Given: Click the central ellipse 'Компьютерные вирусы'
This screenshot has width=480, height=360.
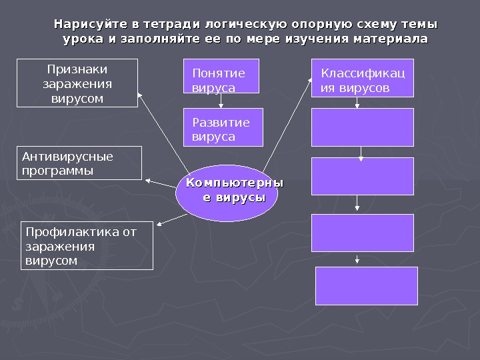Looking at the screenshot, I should point(227,193).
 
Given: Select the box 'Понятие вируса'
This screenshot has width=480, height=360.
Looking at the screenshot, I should point(221,76).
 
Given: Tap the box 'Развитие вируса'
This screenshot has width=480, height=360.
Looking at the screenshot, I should point(223,127).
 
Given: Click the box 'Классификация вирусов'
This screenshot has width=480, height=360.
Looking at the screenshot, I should point(362,78).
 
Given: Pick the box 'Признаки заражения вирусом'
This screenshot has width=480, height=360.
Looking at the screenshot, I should point(77,83).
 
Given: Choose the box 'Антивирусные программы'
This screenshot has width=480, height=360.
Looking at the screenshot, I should point(79,163).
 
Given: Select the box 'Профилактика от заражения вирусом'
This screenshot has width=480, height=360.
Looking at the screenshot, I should point(87,245).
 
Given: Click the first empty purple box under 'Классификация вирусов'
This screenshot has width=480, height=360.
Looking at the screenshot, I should point(362,127).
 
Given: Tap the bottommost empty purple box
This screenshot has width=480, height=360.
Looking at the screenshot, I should point(366,285).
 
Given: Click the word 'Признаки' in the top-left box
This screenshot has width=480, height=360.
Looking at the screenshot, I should point(77,69).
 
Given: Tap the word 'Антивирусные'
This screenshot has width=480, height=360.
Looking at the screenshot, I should point(67,157).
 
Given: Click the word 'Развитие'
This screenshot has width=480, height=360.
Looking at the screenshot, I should point(221,122).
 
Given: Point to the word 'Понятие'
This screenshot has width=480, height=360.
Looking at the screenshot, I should point(218,73).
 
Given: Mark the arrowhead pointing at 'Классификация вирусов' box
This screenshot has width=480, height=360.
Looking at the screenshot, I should point(310,80).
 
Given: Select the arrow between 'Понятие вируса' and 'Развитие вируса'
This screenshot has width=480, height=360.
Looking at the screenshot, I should point(222,100).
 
